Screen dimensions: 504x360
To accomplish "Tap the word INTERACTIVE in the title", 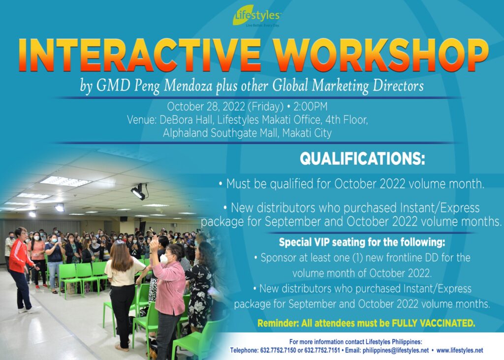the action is [139, 55].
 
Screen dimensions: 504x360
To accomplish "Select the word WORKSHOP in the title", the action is [381, 55].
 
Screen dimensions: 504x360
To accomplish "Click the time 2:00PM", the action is [310, 106].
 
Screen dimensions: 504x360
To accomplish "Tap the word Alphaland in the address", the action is [185, 133].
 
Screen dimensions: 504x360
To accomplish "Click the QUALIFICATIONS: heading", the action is [362, 158].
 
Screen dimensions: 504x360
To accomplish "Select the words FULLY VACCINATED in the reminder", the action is [433, 323].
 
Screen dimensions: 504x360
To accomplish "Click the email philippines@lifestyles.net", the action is [395, 350].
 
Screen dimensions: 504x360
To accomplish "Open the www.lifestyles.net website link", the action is [460, 350].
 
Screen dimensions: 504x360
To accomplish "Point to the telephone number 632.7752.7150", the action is [278, 350].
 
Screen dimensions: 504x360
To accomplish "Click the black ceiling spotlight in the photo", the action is [139, 191].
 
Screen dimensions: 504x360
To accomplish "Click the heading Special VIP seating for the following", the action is [362, 242].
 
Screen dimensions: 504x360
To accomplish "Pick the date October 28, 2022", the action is [206, 106].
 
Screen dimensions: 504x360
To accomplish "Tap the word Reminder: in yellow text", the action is [278, 323].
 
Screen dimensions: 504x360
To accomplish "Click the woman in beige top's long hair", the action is [121, 256].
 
